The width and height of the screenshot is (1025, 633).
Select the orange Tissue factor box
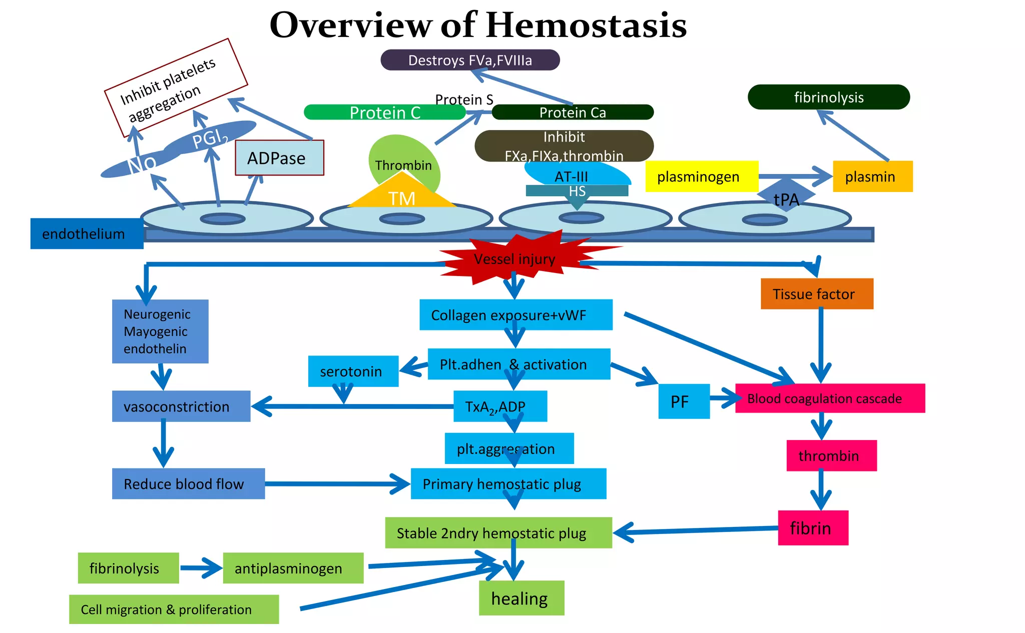click(816, 294)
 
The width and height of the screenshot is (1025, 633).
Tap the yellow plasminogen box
click(701, 176)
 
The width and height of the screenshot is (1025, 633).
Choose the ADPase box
click(279, 158)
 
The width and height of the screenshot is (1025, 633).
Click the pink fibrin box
click(813, 528)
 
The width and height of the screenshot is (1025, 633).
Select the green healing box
click(521, 598)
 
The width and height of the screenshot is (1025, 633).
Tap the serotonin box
click(353, 371)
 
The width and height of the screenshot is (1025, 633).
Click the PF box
click(683, 401)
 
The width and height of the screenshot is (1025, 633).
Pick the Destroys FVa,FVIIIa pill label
click(469, 60)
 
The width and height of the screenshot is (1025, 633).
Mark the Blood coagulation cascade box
click(829, 398)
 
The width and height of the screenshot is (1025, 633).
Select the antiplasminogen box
click(293, 568)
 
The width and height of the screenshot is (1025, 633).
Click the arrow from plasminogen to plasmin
click(796, 176)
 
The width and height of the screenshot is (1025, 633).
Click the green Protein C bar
click(384, 112)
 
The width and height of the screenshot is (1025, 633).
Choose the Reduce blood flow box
click(188, 484)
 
